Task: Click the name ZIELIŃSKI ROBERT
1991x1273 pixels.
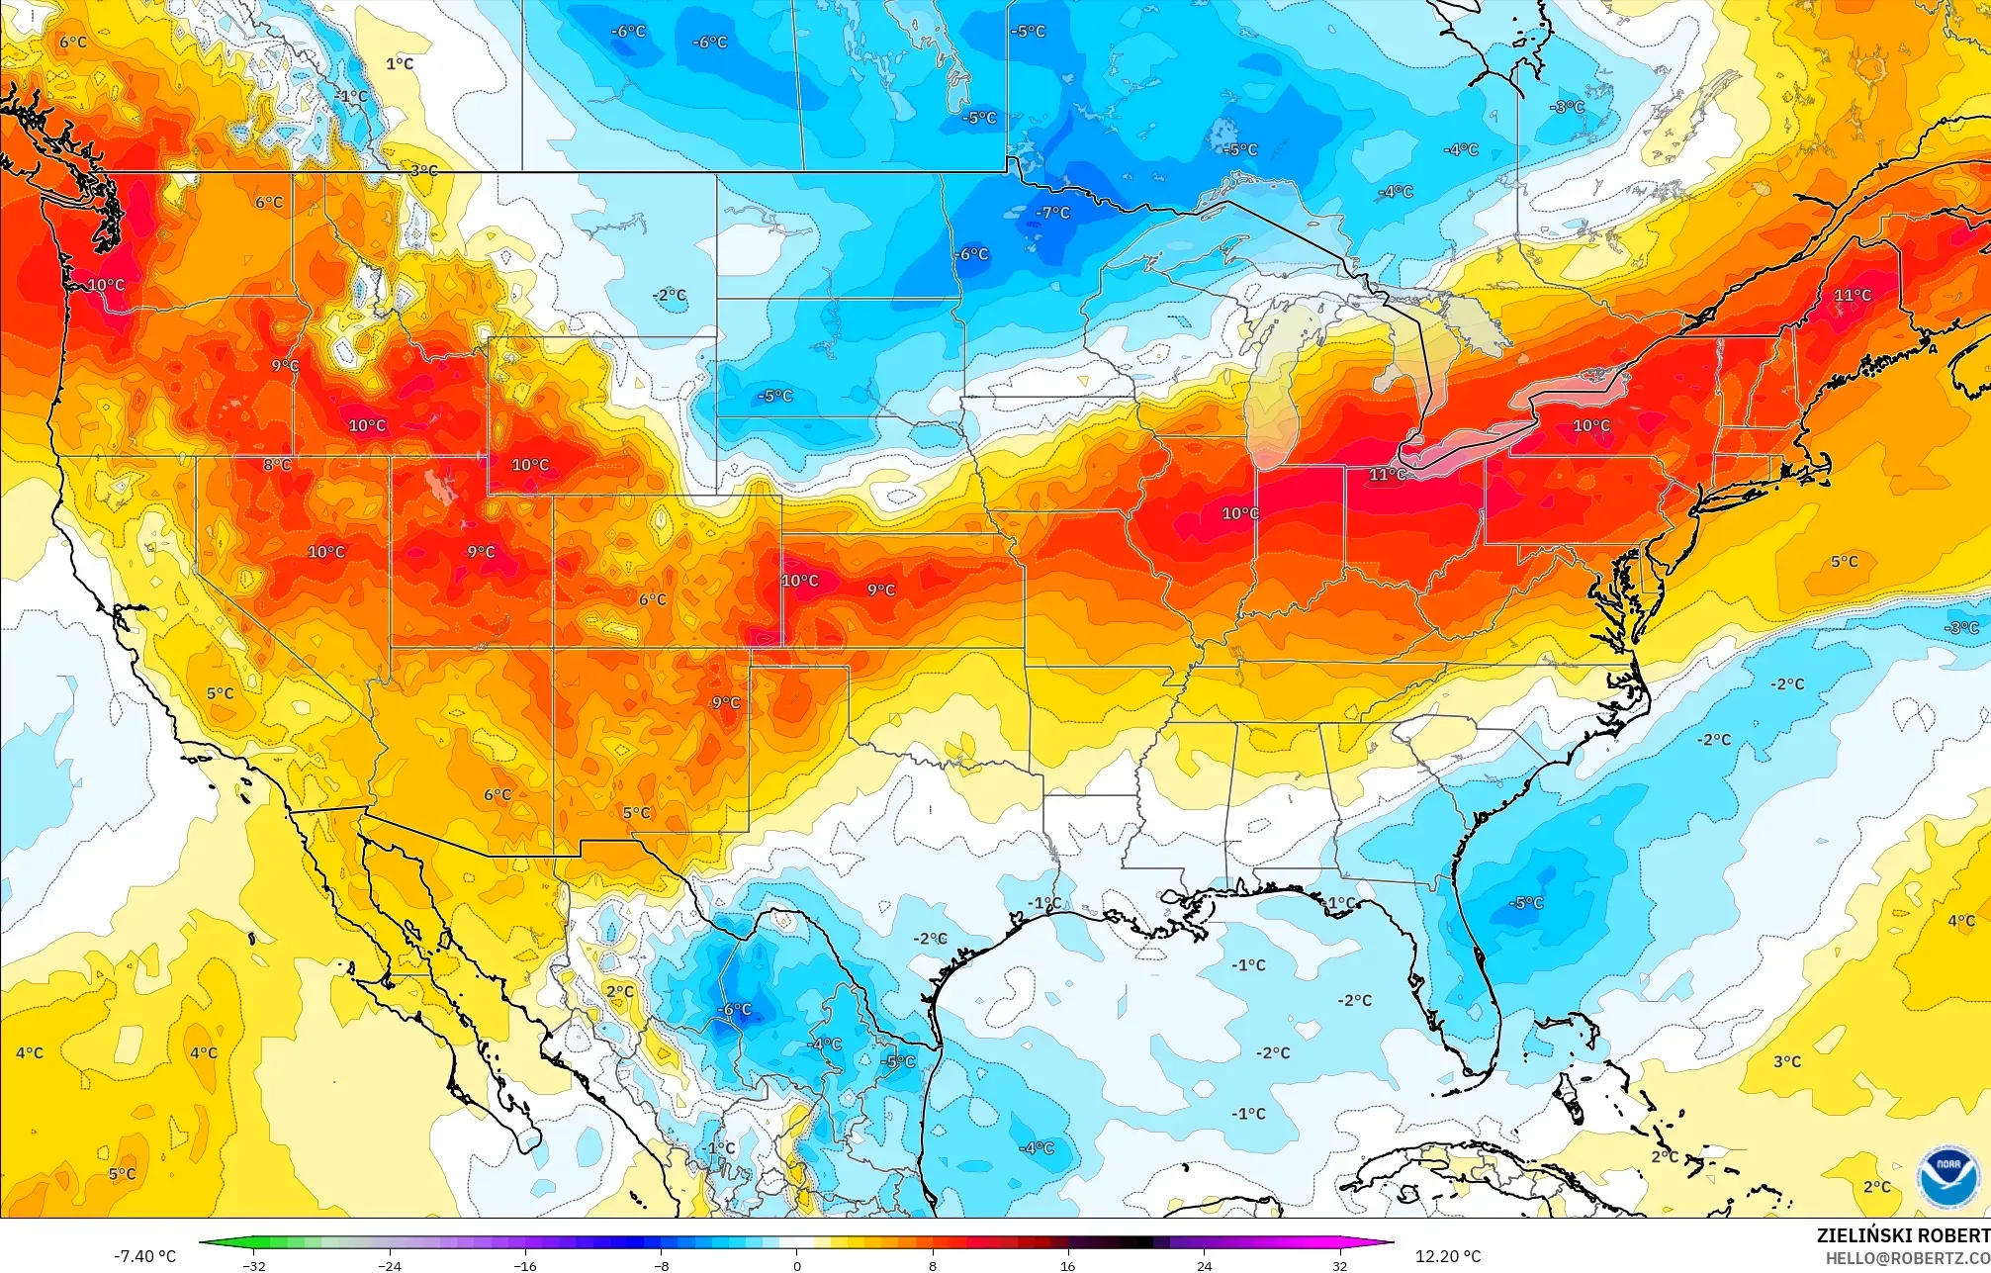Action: coord(1902,1235)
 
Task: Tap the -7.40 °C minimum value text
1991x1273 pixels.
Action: coord(144,1256)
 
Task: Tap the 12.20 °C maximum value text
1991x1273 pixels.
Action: coord(1447,1256)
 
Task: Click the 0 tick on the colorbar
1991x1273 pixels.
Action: coord(797,1265)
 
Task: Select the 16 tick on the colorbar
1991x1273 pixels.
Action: coord(1068,1265)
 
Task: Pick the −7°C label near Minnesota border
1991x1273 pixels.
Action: coord(1052,213)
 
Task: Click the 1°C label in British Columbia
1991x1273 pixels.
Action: coord(400,64)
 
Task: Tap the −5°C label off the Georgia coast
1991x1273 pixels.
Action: coord(1526,903)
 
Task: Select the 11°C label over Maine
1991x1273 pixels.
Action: coord(1853,295)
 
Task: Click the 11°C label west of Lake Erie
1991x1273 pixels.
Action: coord(1388,475)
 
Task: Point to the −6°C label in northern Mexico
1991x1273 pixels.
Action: coord(734,1010)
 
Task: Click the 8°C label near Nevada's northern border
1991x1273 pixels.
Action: coord(277,465)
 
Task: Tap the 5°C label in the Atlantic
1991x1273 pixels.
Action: coord(1844,562)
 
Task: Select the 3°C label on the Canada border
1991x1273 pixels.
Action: coord(423,171)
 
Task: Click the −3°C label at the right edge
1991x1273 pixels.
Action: coord(1962,628)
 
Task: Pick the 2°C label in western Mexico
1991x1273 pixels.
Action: coord(620,991)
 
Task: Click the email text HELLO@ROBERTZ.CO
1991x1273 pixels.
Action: coord(1907,1257)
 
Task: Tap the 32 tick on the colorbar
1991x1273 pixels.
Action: coord(1339,1265)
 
